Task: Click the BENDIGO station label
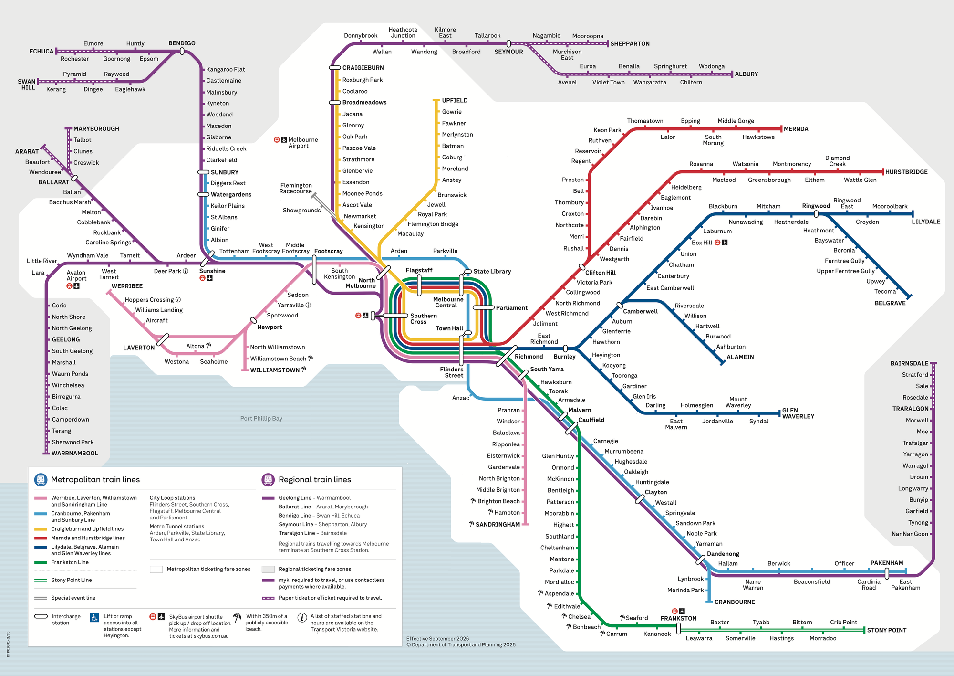182,43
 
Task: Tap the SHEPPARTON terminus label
630,44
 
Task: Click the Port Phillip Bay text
261,419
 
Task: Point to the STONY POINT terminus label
886,630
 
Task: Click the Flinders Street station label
451,372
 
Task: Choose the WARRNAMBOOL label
75,454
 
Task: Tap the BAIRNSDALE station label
909,364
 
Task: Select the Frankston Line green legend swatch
41,563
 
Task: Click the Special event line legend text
73,598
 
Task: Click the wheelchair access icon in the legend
94,617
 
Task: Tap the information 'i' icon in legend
302,618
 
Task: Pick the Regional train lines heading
314,480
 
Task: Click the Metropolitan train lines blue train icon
41,479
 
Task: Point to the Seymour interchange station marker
508,44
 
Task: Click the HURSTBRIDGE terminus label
906,172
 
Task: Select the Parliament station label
511,308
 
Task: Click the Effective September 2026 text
437,639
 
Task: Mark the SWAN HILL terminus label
27,84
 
